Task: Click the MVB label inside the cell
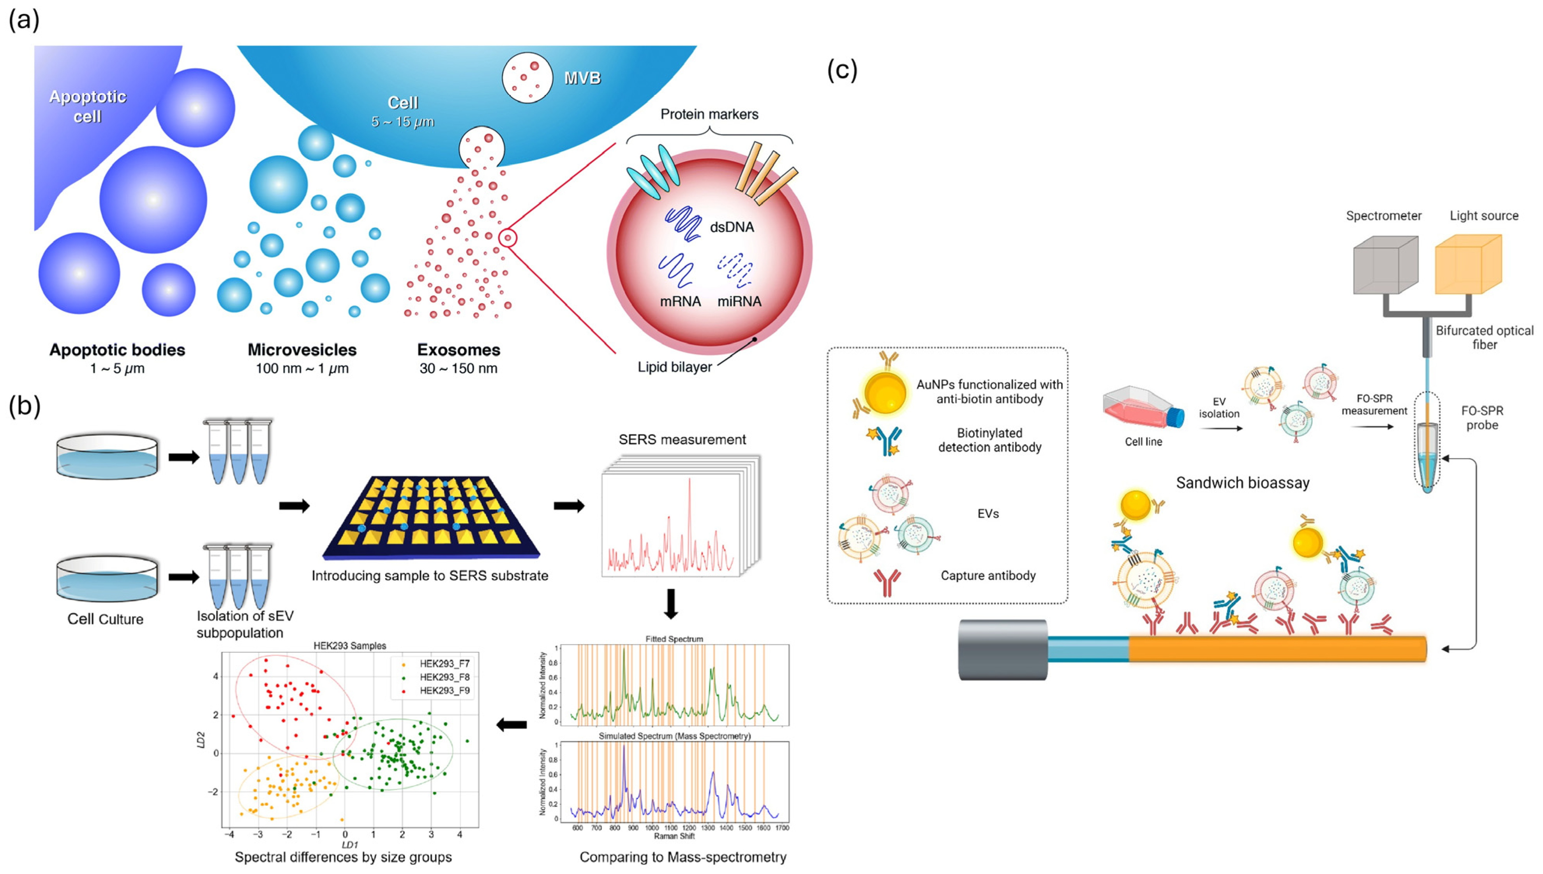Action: (x=582, y=78)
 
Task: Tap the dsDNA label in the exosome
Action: (x=731, y=227)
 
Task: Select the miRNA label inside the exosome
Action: (x=739, y=301)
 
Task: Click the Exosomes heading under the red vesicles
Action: (x=458, y=350)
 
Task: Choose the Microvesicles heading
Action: (x=302, y=350)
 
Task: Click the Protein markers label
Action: (x=709, y=114)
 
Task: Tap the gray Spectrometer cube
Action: (x=1384, y=265)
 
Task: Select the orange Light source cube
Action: (x=1467, y=265)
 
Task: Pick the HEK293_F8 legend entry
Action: (x=444, y=677)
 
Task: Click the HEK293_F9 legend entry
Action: (x=444, y=691)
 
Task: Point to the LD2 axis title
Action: (x=201, y=740)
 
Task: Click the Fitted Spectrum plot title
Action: (x=674, y=639)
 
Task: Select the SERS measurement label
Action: (x=682, y=440)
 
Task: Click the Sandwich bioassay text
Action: (x=1242, y=483)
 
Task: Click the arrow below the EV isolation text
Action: (x=1220, y=428)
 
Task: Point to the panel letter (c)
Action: (x=842, y=70)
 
